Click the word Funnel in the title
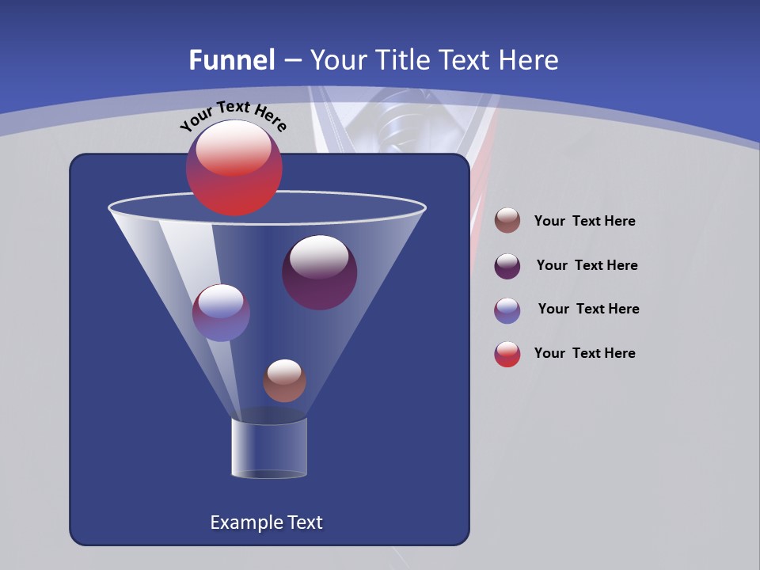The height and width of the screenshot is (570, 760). pos(231,60)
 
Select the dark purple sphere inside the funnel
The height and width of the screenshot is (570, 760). pos(320,273)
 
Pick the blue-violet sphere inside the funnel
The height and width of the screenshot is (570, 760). pos(221,313)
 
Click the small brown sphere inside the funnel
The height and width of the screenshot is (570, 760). pos(284,381)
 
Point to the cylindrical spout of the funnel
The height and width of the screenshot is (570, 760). pos(269,447)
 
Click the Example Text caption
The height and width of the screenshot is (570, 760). pos(266,522)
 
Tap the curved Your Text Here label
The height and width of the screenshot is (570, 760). pos(233,115)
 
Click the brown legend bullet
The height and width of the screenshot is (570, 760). pos(507,221)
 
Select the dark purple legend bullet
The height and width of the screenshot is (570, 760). pos(507,266)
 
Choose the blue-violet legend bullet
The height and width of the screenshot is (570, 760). pos(507,310)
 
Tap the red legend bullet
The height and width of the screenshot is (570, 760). pos(507,354)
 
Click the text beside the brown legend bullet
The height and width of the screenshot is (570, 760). pos(584,222)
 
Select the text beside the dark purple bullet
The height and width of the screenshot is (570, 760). pos(587,266)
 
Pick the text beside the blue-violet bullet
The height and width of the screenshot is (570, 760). pos(588,310)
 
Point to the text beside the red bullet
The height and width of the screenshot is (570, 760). pos(584,353)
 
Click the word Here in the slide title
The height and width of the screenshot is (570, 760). pos(530,60)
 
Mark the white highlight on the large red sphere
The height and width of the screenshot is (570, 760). pos(233,147)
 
